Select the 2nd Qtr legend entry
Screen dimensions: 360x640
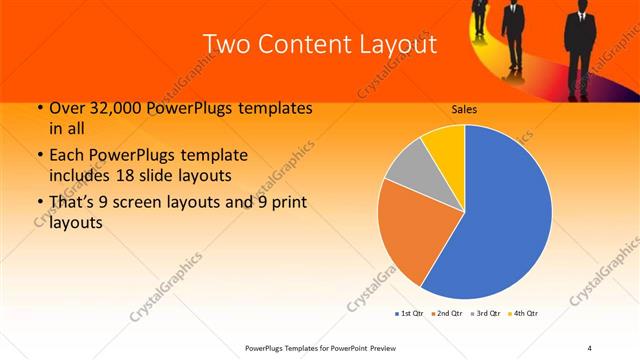coord(446,314)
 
